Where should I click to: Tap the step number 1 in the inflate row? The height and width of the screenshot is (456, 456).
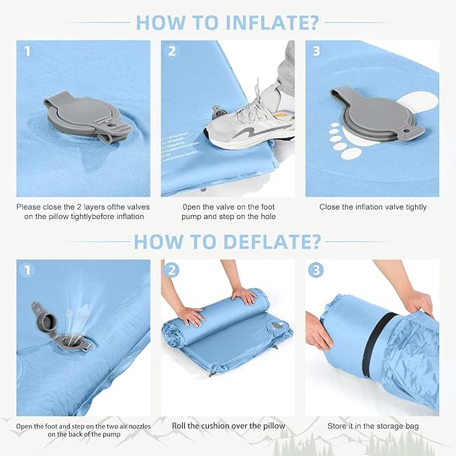tap(27, 51)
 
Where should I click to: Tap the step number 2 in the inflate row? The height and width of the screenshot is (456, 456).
tap(171, 51)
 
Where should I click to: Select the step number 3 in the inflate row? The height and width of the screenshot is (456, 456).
tap(316, 51)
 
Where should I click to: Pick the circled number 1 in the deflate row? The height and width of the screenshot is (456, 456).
tap(27, 270)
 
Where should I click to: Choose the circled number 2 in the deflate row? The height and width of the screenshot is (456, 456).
tap(171, 270)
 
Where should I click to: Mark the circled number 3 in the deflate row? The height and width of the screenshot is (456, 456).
tap(316, 270)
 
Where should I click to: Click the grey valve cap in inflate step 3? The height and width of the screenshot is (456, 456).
tap(375, 113)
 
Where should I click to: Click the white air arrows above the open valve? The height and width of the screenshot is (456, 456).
tap(77, 317)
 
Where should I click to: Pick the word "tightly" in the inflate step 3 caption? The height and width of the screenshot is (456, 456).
tap(416, 207)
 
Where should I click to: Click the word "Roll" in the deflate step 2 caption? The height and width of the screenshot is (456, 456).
tap(179, 426)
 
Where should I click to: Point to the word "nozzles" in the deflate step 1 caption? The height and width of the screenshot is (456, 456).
tap(140, 426)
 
